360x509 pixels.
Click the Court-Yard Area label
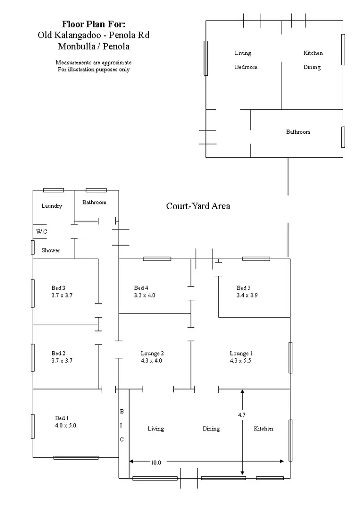(x=198, y=206)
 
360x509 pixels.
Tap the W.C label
(x=42, y=232)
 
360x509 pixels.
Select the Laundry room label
(x=52, y=206)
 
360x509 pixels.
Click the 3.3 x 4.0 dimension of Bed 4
(x=144, y=296)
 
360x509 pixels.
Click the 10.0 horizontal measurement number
(x=156, y=462)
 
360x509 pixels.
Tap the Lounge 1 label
(x=241, y=354)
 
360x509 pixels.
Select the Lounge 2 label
(x=152, y=354)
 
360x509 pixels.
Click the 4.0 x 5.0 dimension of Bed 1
(x=66, y=425)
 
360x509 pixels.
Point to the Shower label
(x=50, y=250)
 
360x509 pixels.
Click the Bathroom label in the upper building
(x=298, y=132)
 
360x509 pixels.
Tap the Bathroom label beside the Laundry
(x=94, y=202)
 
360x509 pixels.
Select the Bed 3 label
(x=58, y=288)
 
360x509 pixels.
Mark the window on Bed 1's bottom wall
(x=76, y=458)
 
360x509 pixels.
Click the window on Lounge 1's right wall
(x=290, y=357)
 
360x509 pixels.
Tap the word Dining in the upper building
(x=312, y=67)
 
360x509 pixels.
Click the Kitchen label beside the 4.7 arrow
(x=264, y=428)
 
